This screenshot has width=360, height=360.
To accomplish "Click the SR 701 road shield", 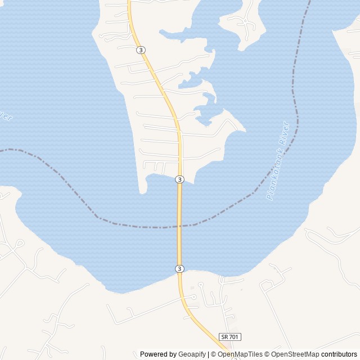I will coord(230,336).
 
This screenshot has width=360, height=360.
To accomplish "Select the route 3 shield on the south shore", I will coord(179,268).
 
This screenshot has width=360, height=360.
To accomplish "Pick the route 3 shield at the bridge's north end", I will coord(179,179).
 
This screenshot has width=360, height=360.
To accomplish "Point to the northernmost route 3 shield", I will coord(141,50).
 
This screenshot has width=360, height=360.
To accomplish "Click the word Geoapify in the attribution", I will coord(192,354).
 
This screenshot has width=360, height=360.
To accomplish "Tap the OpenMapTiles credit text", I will coord(240,354).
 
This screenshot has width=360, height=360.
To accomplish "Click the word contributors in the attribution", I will coord(339,354).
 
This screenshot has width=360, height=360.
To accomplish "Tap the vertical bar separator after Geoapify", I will coord(208,354).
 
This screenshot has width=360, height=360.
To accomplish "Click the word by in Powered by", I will coord(172,354).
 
